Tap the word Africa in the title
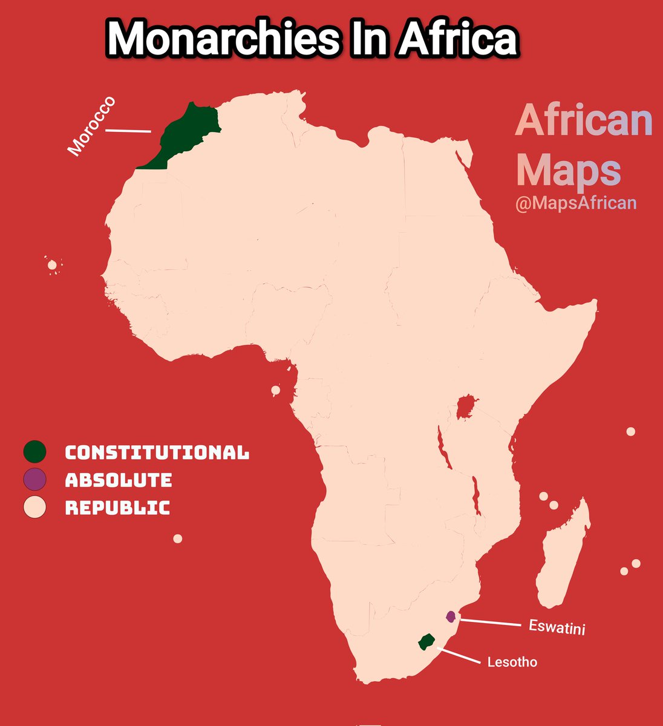pyautogui.click(x=457, y=40)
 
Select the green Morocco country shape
pyautogui.click(x=185, y=133)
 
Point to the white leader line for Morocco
pyautogui.click(x=128, y=130)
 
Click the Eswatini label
pyautogui.click(x=557, y=627)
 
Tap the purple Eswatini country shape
pyautogui.click(x=450, y=616)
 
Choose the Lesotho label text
pyautogui.click(x=512, y=662)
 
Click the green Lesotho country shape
pyautogui.click(x=427, y=641)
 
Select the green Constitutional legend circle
pyautogui.click(x=34, y=451)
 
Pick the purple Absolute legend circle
pyautogui.click(x=34, y=480)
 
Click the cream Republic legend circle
pyautogui.click(x=34, y=507)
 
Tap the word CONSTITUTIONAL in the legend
pyautogui.click(x=157, y=453)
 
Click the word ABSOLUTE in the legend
pyautogui.click(x=119, y=480)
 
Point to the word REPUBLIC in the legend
pyautogui.click(x=117, y=508)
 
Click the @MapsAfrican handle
pyautogui.click(x=575, y=203)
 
